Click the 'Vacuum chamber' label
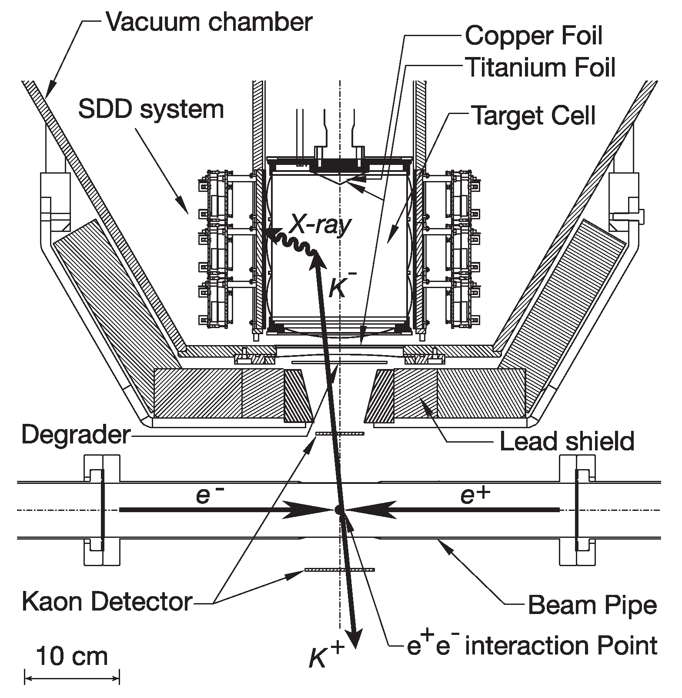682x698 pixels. click(209, 22)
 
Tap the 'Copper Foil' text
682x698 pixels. click(533, 36)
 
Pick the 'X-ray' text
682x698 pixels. click(321, 225)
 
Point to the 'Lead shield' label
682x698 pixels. click(566, 441)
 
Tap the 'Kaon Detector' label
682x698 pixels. click(107, 602)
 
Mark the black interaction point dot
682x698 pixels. click(339, 510)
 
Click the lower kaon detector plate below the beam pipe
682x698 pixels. click(339, 569)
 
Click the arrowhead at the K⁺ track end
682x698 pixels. click(356, 640)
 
